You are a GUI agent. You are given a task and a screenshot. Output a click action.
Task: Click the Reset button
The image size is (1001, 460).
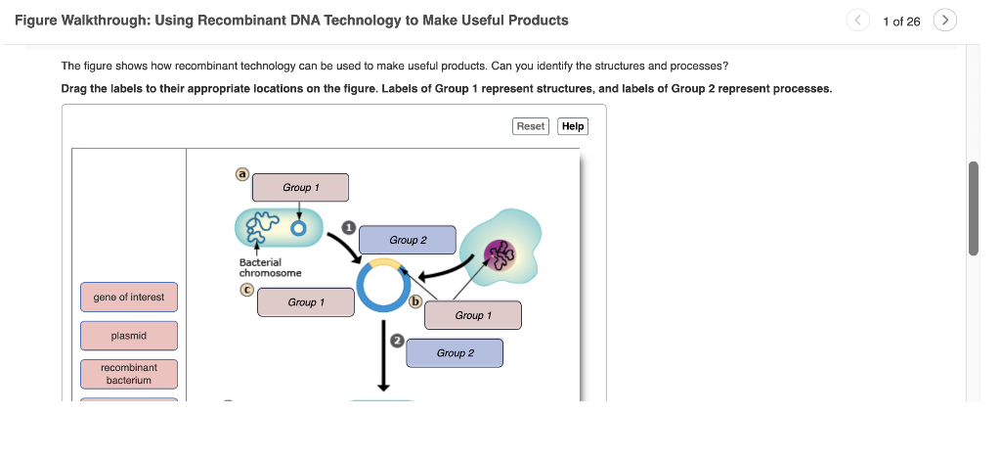click(x=531, y=126)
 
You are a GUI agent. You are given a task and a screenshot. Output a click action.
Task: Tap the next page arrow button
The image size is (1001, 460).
click(x=945, y=21)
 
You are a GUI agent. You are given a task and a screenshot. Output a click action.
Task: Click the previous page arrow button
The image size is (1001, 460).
click(x=857, y=21)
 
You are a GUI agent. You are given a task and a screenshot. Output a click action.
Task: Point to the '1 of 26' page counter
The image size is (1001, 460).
click(x=900, y=22)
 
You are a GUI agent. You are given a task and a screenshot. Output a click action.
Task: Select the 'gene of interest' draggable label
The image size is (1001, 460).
click(x=129, y=298)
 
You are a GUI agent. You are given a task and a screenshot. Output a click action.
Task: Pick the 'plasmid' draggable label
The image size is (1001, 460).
click(x=129, y=336)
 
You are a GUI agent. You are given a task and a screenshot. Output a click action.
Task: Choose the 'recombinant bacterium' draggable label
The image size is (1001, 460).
click(x=129, y=374)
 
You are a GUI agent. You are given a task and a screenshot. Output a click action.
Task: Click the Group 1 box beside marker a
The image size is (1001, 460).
click(x=300, y=188)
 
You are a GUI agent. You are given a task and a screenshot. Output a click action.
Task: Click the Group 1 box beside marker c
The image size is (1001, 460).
click(x=305, y=302)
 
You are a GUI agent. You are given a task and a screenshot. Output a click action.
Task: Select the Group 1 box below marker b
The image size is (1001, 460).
click(x=472, y=315)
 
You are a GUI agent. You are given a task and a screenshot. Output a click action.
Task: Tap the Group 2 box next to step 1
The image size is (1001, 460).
click(x=408, y=240)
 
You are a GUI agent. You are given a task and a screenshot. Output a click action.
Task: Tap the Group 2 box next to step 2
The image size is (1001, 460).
click(x=455, y=353)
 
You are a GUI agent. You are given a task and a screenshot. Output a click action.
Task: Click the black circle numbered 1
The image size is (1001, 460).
click(x=347, y=227)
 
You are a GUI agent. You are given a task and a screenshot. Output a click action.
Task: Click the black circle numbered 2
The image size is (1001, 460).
click(x=397, y=340)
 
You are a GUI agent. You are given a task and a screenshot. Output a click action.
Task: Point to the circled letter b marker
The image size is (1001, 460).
click(x=414, y=300)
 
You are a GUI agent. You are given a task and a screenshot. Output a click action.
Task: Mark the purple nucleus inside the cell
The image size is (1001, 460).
click(x=500, y=254)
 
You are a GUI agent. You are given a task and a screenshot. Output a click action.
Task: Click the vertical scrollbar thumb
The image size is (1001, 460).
click(x=973, y=207)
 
